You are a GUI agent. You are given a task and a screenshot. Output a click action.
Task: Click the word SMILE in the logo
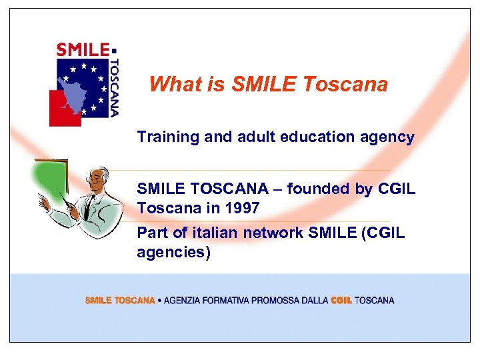[x=83, y=49]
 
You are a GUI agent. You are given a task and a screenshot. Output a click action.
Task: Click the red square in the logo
[x=63, y=108]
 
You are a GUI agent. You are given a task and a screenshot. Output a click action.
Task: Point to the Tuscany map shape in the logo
[x=79, y=90]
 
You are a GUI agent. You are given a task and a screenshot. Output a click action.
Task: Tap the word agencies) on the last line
[x=173, y=253]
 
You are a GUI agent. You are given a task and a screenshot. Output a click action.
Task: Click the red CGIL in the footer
[x=341, y=301]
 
